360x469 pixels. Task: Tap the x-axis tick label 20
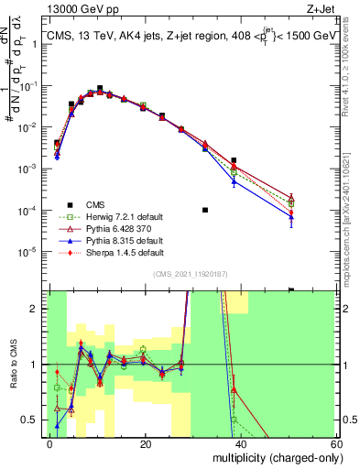coord(146,443)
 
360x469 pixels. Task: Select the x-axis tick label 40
coord(241,443)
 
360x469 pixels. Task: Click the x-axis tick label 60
coord(335,443)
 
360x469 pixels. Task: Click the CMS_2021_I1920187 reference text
coord(186,275)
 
